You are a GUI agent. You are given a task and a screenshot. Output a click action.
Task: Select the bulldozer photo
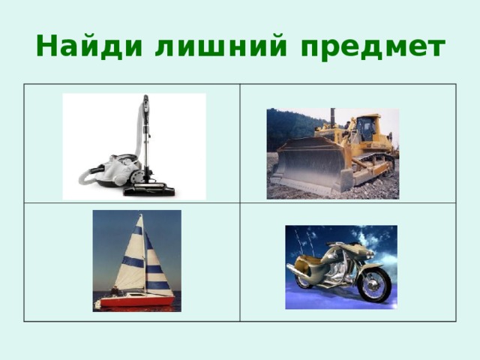tap(332, 153)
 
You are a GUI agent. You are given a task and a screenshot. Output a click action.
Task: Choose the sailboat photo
tap(136, 260)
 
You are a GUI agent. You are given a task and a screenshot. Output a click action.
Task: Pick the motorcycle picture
tap(340, 267)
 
